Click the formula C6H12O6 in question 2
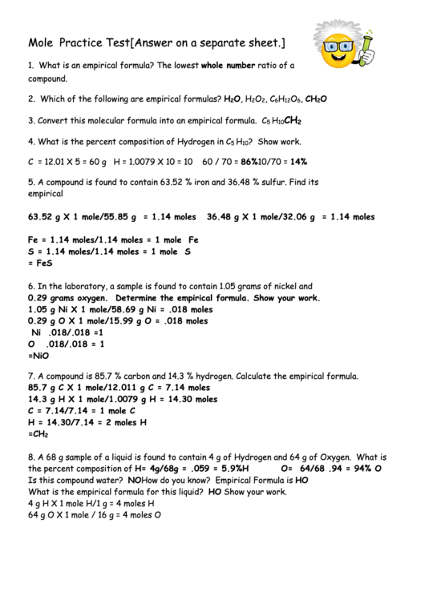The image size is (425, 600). (285, 99)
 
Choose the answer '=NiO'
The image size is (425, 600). (38, 355)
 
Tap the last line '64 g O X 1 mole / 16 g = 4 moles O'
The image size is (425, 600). (95, 515)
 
